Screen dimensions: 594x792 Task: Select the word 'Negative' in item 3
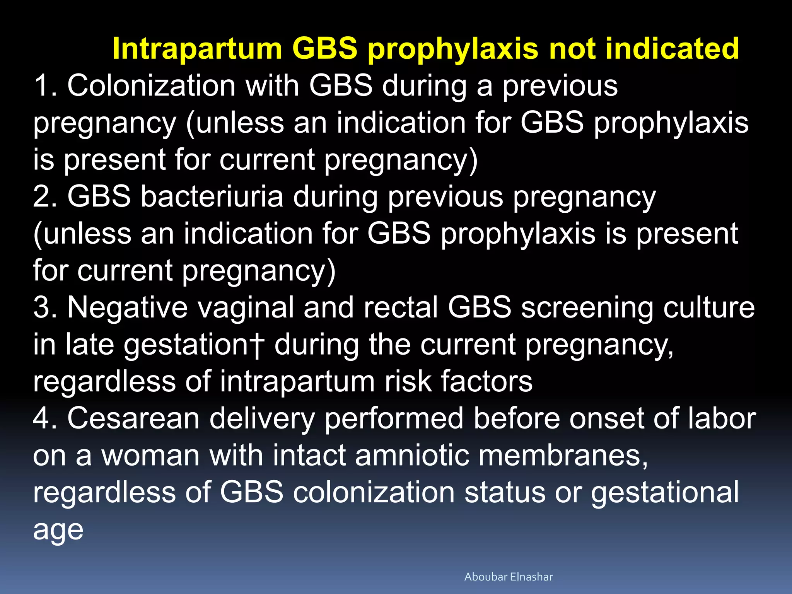[x=128, y=307]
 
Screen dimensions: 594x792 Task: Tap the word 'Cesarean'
[x=133, y=418]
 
